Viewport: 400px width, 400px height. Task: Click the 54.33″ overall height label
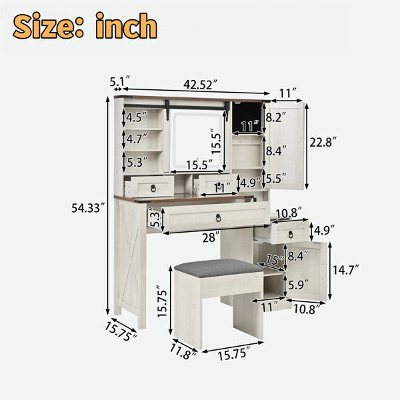coord(88,208)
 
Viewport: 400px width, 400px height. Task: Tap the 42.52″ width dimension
coord(201,84)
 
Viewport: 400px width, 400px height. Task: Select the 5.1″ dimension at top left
coord(120,81)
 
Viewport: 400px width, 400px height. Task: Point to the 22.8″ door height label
coord(323,142)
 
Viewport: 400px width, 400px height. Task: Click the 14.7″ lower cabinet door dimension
coord(346,269)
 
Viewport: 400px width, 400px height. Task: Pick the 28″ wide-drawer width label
coord(211,238)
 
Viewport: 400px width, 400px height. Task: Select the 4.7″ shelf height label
coord(137,139)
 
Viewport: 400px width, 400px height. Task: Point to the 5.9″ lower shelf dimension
coord(298,285)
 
